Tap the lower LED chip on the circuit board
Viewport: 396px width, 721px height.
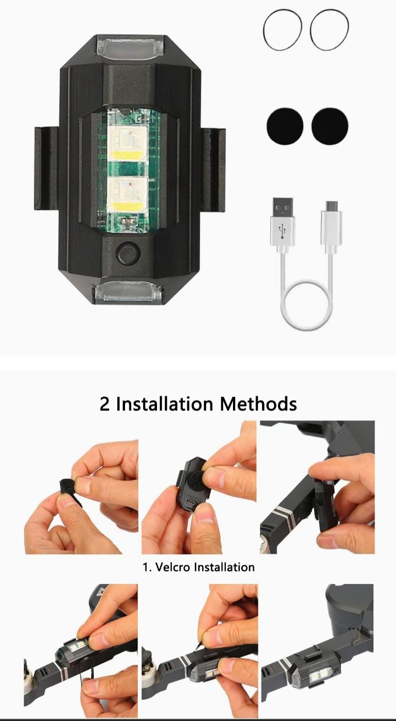pyautogui.click(x=127, y=193)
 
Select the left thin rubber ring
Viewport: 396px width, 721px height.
pyautogui.click(x=283, y=30)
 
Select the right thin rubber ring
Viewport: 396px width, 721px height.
pyautogui.click(x=329, y=30)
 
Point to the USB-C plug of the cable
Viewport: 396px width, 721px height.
pyautogui.click(x=331, y=227)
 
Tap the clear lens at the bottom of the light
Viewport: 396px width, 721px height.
pyautogui.click(x=129, y=293)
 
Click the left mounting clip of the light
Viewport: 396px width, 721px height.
pyautogui.click(x=47, y=166)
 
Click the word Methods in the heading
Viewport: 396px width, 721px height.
pyautogui.click(x=258, y=403)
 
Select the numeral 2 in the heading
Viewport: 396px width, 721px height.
pyautogui.click(x=105, y=403)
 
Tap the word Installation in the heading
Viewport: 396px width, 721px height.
pyautogui.click(x=164, y=403)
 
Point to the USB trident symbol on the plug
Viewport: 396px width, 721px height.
pyautogui.click(x=283, y=231)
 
